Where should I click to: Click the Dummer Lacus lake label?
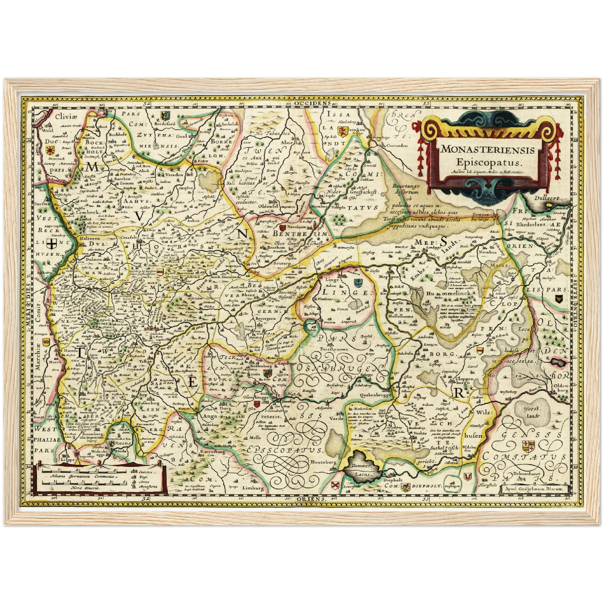click(362, 469)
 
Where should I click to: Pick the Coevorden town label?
click(391, 145)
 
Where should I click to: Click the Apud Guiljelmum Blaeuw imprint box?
click(534, 488)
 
